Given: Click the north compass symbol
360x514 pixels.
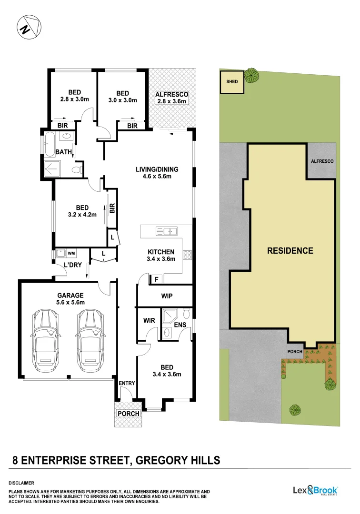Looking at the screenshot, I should [x=29, y=28].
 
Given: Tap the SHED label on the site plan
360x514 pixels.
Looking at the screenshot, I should [x=232, y=81].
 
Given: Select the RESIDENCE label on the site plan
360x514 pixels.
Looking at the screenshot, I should [x=290, y=251].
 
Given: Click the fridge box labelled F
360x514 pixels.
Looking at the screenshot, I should [x=156, y=279].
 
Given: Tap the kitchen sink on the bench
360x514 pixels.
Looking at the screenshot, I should [x=167, y=232].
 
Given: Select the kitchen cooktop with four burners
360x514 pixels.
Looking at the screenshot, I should [x=188, y=255].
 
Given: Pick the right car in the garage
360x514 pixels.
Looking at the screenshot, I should [x=90, y=336].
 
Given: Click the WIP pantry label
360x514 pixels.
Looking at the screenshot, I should [x=167, y=296].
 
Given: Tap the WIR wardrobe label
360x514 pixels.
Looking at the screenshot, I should [x=149, y=321].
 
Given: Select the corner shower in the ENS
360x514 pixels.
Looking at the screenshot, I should [x=169, y=316].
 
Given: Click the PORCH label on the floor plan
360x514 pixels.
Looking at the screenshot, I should [x=129, y=414].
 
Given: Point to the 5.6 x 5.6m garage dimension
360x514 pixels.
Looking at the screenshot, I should [x=71, y=302].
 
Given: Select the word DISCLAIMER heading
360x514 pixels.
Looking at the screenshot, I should [x=21, y=483].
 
